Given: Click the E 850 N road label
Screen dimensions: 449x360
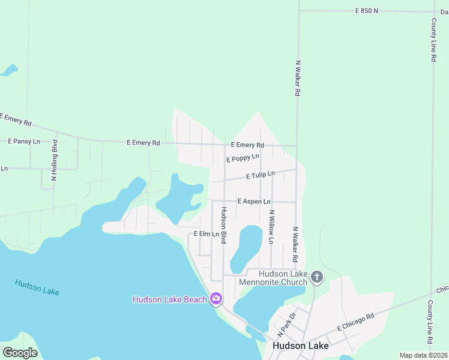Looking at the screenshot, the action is coord(367,11).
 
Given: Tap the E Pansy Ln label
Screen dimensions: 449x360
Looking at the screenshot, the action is coord(24,142).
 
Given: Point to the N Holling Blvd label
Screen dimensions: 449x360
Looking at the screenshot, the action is coord(55,160).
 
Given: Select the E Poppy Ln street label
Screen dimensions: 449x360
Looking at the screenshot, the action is coord(243,158).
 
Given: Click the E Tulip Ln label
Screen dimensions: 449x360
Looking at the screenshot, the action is coord(261,175).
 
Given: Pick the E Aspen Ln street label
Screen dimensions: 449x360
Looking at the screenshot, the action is coord(254,202).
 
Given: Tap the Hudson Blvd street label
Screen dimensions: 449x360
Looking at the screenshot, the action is coord(223,225).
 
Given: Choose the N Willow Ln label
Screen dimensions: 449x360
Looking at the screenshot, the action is coord(271,227).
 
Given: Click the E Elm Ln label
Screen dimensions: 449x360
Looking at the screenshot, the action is coord(205,234).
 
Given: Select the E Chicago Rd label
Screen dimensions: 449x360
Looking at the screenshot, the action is coord(355,322).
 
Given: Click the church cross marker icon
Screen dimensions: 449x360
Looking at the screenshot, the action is coord(317,277).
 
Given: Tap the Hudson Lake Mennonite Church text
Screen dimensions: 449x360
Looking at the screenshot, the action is coord(274,278).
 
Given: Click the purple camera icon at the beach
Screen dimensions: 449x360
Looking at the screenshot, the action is coord(216,299).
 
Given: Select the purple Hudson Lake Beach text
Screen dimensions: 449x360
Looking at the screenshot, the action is coord(169,299).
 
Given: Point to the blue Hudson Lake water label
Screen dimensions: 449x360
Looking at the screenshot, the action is coord(37,287).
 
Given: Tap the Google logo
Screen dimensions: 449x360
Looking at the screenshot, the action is coord(20,353).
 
